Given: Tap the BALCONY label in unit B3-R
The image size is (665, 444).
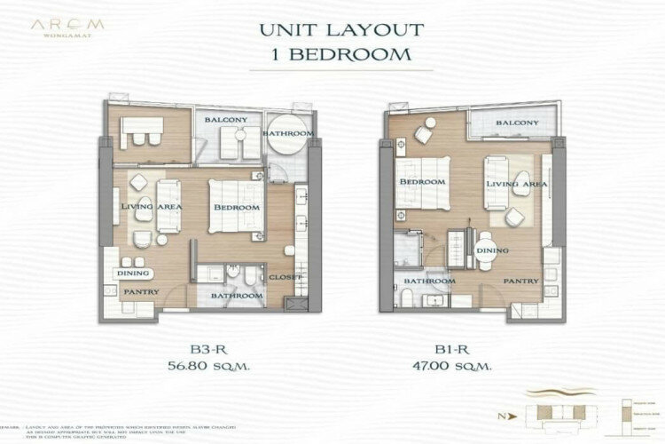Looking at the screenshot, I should [x=226, y=119].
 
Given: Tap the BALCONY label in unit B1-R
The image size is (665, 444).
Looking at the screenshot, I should [x=517, y=123].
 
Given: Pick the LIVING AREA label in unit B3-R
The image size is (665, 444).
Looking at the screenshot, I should [x=151, y=207].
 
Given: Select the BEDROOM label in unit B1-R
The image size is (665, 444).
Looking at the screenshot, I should [x=421, y=181].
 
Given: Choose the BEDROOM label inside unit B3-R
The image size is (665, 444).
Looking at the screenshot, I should [x=237, y=207].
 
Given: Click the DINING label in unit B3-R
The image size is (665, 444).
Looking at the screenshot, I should [x=133, y=274].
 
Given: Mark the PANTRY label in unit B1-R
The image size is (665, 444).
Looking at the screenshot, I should [x=520, y=281].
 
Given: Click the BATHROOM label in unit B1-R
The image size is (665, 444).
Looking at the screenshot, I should [x=429, y=281].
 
